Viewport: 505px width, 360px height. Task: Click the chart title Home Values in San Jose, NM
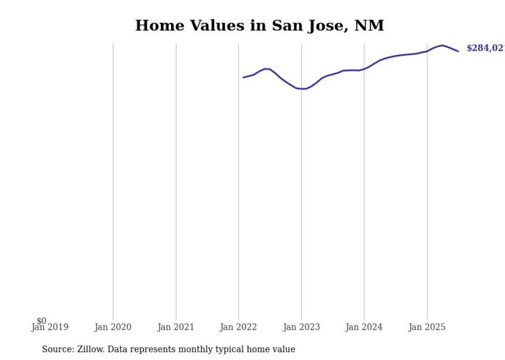[x=259, y=25]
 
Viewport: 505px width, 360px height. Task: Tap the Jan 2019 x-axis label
[x=50, y=328]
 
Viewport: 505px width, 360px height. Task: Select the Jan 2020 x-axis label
[x=113, y=328]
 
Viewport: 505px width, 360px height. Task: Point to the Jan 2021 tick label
[x=176, y=328]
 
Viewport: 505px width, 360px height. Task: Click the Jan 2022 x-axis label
[x=239, y=328]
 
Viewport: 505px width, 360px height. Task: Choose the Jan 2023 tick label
[x=301, y=328]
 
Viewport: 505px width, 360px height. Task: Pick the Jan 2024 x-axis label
[x=364, y=328]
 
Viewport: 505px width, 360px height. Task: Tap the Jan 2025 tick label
[x=427, y=328]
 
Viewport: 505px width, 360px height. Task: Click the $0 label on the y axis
[x=41, y=321]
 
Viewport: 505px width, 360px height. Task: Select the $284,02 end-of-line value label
[x=485, y=48]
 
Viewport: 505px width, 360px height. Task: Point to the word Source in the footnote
[x=57, y=350]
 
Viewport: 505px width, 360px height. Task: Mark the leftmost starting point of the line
[x=243, y=77]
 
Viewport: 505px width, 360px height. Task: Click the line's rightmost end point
[x=458, y=51]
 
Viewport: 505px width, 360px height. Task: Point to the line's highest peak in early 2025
[x=442, y=45]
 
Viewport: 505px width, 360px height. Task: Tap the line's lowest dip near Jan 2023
[x=305, y=89]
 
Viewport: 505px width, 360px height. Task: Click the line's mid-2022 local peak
[x=266, y=68]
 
